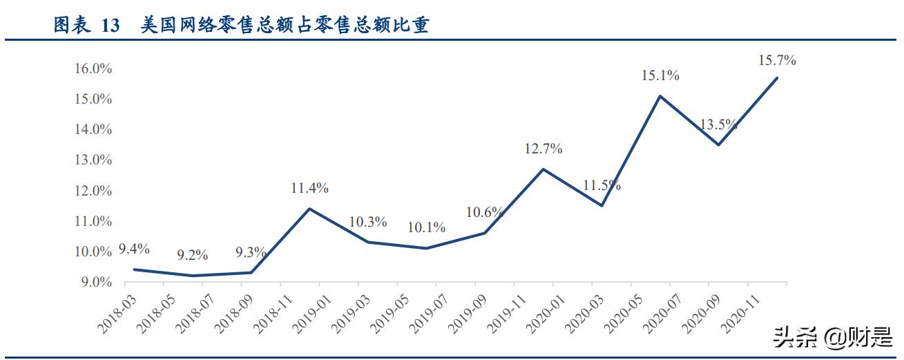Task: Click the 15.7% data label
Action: [777, 61]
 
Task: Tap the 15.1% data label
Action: [660, 76]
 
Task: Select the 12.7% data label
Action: [543, 149]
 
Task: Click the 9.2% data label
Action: [192, 256]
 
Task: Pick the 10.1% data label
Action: [426, 228]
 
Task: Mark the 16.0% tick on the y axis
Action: [93, 68]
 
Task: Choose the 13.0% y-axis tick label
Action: [93, 160]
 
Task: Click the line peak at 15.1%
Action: [660, 96]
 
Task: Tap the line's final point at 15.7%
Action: [777, 77]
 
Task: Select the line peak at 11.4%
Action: [309, 209]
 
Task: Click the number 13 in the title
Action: [110, 26]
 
